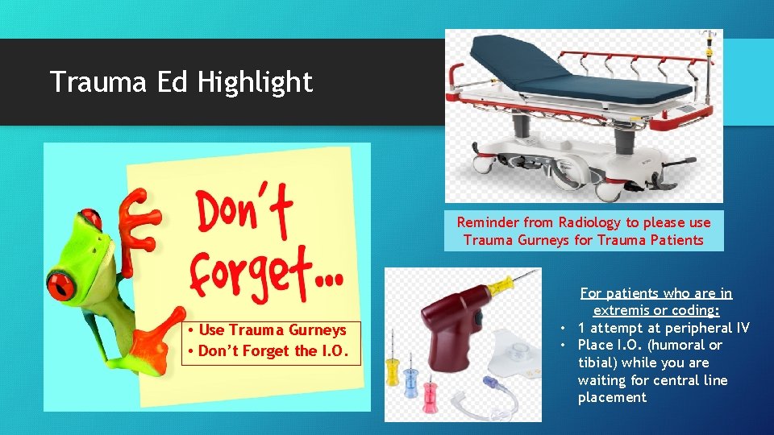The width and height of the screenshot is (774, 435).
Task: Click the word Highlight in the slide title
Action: tap(255, 82)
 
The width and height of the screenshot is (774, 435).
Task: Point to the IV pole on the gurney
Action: tap(710, 72)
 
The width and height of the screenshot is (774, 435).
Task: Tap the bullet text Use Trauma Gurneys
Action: tap(272, 329)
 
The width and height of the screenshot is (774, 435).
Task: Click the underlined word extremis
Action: tap(626, 311)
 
